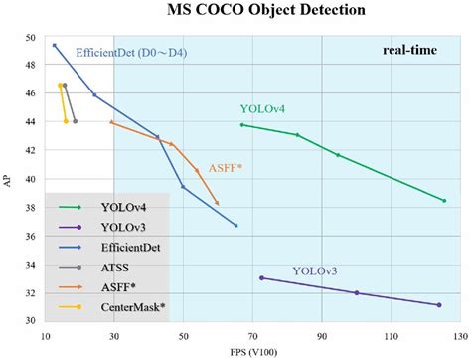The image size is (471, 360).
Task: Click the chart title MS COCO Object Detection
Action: pyautogui.click(x=252, y=11)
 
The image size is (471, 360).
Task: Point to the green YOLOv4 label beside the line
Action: pyautogui.click(x=263, y=107)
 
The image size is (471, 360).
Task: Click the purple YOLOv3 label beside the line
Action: pyautogui.click(x=315, y=270)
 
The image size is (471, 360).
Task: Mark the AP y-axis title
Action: pyautogui.click(x=8, y=180)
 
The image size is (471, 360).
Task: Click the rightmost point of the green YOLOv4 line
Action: pyautogui.click(x=444, y=201)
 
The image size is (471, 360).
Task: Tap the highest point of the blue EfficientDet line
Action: pyautogui.click(x=55, y=45)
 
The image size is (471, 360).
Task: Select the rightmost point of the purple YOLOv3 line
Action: pyautogui.click(x=438, y=304)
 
